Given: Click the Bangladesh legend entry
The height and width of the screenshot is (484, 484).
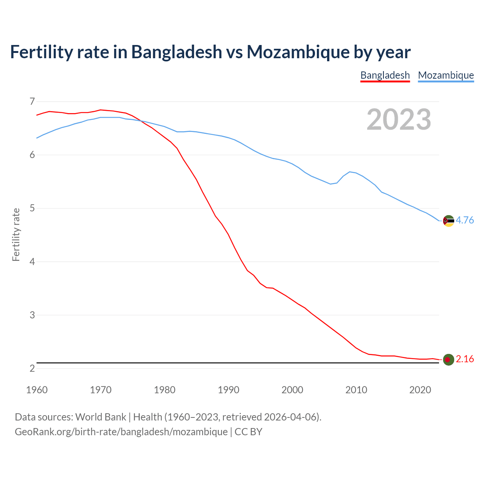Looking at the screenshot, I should [x=385, y=75].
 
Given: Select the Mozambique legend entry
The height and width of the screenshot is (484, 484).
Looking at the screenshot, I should [x=446, y=75].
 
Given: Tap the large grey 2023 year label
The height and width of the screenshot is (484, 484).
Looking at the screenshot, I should [x=399, y=119].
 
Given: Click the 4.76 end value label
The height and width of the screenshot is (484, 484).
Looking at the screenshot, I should [x=465, y=220].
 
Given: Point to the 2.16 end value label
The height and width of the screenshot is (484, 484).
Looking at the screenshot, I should [x=465, y=359].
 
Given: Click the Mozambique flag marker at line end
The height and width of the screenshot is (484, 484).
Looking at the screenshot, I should [x=448, y=220].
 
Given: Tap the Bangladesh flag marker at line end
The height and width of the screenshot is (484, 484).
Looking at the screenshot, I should [x=448, y=360].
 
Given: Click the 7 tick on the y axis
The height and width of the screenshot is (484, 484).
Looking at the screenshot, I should [x=32, y=101].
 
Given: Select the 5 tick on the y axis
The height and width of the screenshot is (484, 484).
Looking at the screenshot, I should [x=32, y=208].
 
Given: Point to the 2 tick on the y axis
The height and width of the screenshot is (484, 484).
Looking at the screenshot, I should [x=32, y=368].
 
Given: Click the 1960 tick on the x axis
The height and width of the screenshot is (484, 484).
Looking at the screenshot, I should [x=37, y=390].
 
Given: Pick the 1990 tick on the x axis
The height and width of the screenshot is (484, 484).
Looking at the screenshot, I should [x=228, y=390].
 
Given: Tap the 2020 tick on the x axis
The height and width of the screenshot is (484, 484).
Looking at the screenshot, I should [x=420, y=390].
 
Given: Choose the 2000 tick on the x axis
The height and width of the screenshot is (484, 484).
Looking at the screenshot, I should [x=292, y=390].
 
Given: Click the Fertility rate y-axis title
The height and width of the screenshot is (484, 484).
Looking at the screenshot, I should [x=16, y=234].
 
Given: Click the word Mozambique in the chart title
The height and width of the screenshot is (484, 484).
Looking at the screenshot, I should [x=298, y=52].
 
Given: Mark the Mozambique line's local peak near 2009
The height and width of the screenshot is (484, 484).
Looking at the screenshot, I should [x=350, y=172].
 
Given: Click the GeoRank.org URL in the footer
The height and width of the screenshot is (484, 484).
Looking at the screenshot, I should [x=121, y=431].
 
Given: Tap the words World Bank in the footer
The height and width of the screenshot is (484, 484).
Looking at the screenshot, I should [x=101, y=417].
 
